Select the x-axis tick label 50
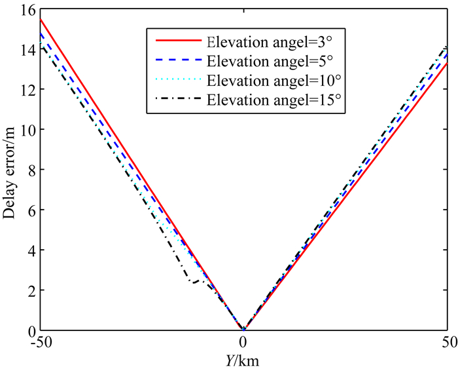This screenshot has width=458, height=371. click(448, 343)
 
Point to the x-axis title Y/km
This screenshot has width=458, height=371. click(243, 359)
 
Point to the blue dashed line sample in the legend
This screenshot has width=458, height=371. click(177, 62)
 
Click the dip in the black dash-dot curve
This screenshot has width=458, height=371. click(194, 283)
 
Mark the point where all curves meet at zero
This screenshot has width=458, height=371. click(243, 329)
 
